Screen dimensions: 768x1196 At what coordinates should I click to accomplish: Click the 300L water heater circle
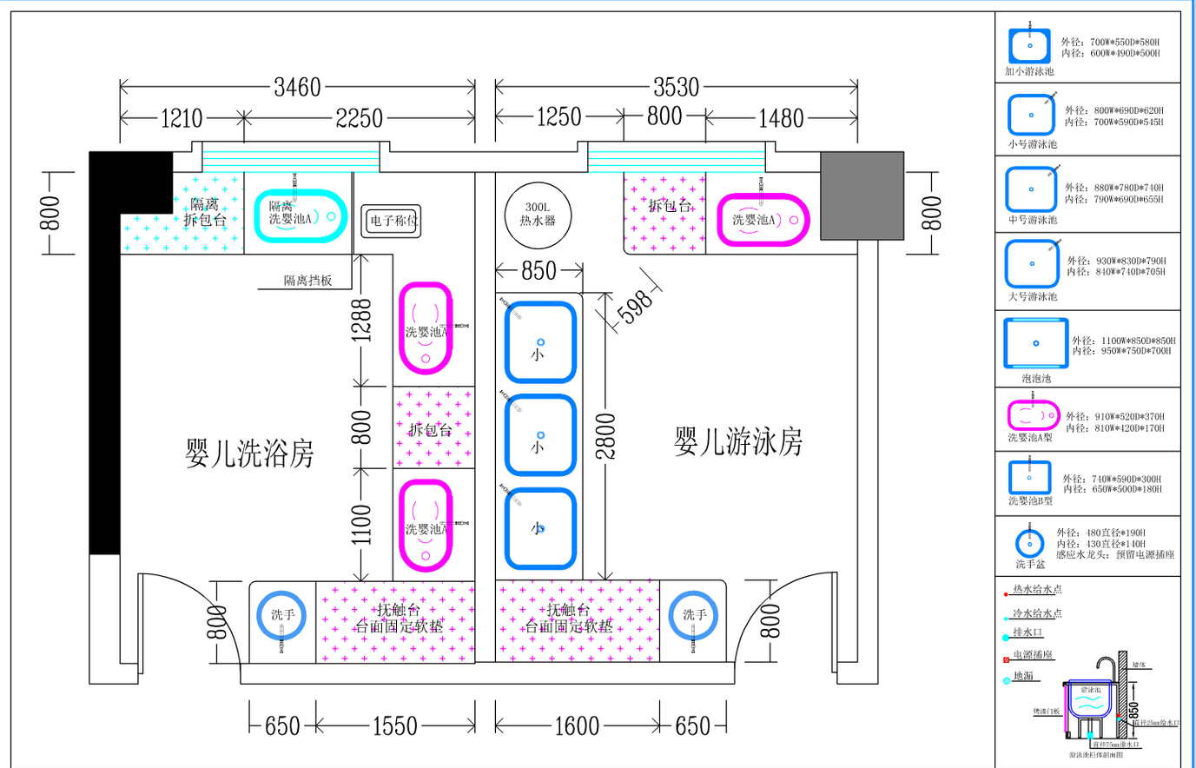coord(537,214)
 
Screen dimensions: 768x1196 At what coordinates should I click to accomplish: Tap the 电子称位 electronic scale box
coord(392,221)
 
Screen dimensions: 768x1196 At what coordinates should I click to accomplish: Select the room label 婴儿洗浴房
coord(249,454)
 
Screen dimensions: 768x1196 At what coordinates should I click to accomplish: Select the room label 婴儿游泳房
coord(737,442)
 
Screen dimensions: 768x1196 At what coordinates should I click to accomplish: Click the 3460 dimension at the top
coord(297,87)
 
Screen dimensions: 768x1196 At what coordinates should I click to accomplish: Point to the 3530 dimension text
coord(676,87)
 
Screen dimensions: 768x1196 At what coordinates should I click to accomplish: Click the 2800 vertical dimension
coord(605,436)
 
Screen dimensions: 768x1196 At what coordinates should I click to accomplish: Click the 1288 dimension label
coord(361,320)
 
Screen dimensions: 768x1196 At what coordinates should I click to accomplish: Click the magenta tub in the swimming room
coord(762,220)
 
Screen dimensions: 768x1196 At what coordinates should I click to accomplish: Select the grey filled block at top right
coord(862,195)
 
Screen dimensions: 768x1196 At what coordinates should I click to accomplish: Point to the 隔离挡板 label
coord(307,281)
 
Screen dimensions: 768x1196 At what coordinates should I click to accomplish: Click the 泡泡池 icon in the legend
coord(1035,343)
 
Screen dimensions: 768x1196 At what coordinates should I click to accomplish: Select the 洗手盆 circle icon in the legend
coord(1030,544)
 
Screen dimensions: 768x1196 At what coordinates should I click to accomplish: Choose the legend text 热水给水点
coord(1037,589)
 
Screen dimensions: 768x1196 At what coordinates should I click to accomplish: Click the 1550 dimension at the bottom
coord(394,725)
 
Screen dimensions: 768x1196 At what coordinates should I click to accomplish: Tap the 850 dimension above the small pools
coord(539,270)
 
